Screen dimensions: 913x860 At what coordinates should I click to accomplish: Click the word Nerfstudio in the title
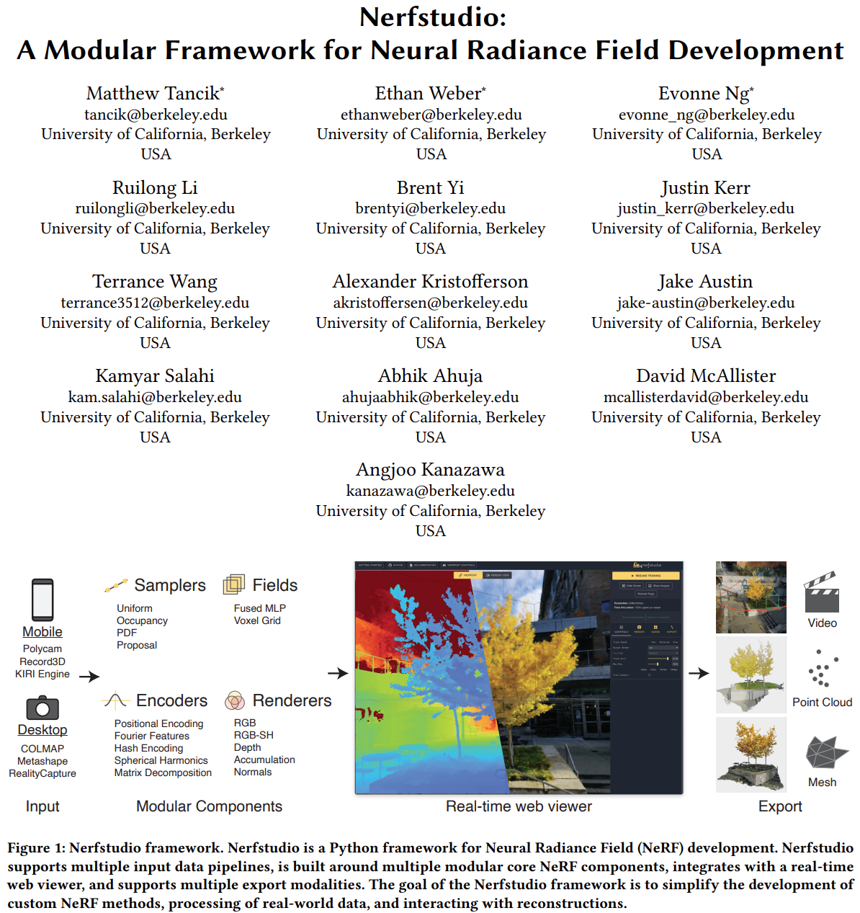pos(433,17)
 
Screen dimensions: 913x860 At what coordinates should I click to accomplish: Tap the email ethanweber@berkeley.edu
pos(431,115)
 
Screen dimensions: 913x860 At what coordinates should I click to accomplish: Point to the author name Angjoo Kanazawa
pos(430,470)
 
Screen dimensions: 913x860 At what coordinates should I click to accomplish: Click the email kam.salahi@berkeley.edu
pos(155,397)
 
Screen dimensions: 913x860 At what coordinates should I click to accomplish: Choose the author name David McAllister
pos(706,376)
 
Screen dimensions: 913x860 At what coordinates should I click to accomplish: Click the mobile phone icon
pos(42,600)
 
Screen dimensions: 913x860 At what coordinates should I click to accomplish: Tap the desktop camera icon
pos(42,708)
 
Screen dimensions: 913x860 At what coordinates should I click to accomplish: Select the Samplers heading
pos(169,585)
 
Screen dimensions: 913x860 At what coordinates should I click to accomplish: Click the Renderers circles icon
pos(235,700)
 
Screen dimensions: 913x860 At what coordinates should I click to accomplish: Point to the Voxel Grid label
pos(257,620)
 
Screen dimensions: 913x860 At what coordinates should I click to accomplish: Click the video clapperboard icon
pos(822,592)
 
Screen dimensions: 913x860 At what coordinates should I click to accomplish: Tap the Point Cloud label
pos(822,702)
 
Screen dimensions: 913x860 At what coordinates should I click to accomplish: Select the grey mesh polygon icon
pos(825,752)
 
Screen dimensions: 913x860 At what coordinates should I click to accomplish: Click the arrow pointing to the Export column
pos(699,673)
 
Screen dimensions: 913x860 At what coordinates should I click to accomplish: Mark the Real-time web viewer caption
pos(519,806)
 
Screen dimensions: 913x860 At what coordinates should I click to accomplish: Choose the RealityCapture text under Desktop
pos(42,773)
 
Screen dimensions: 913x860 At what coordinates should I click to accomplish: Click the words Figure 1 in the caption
pos(36,848)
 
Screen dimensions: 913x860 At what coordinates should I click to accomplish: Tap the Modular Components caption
pos(209,806)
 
